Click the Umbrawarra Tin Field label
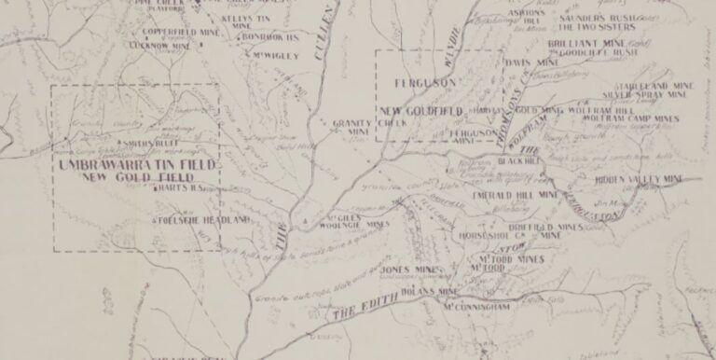(136, 164)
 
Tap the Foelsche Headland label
(206, 220)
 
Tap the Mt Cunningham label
(476, 306)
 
